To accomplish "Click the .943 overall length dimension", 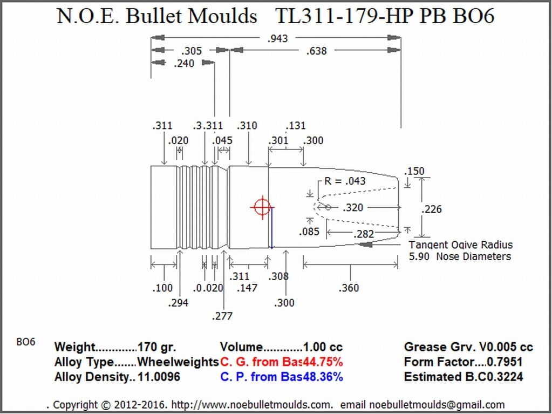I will coord(277,38).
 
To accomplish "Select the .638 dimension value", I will coord(316,51).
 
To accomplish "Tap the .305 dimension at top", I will coord(192,51).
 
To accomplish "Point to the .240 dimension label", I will coord(184,64).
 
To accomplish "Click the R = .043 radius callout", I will coord(345,181).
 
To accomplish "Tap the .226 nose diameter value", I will coord(432,209).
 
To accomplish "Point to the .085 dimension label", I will coord(310,232).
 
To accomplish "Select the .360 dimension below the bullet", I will coord(349,288).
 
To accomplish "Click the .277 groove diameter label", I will coord(222,316).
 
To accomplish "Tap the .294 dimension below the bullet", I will coord(178,303).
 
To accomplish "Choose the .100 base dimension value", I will coord(162,288).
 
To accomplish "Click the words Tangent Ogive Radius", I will coord(461,245).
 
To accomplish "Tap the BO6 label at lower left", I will coord(26,342).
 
